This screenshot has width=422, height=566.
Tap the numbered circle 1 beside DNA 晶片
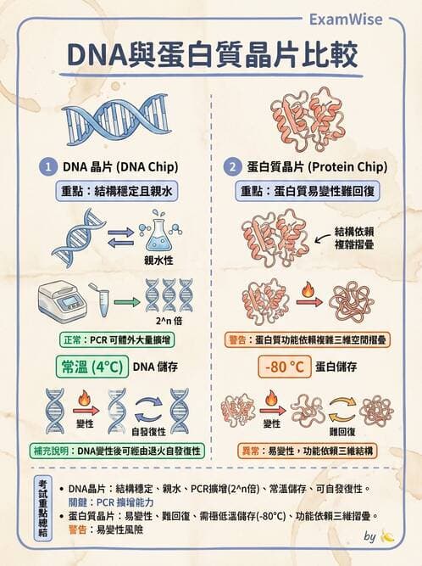(x=50, y=165)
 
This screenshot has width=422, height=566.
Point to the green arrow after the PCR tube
(x=126, y=300)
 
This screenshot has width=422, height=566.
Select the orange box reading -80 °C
(x=283, y=367)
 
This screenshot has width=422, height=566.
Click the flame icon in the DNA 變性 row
(x=83, y=398)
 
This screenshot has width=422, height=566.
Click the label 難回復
(x=342, y=431)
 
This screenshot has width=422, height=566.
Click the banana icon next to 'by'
(x=387, y=536)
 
